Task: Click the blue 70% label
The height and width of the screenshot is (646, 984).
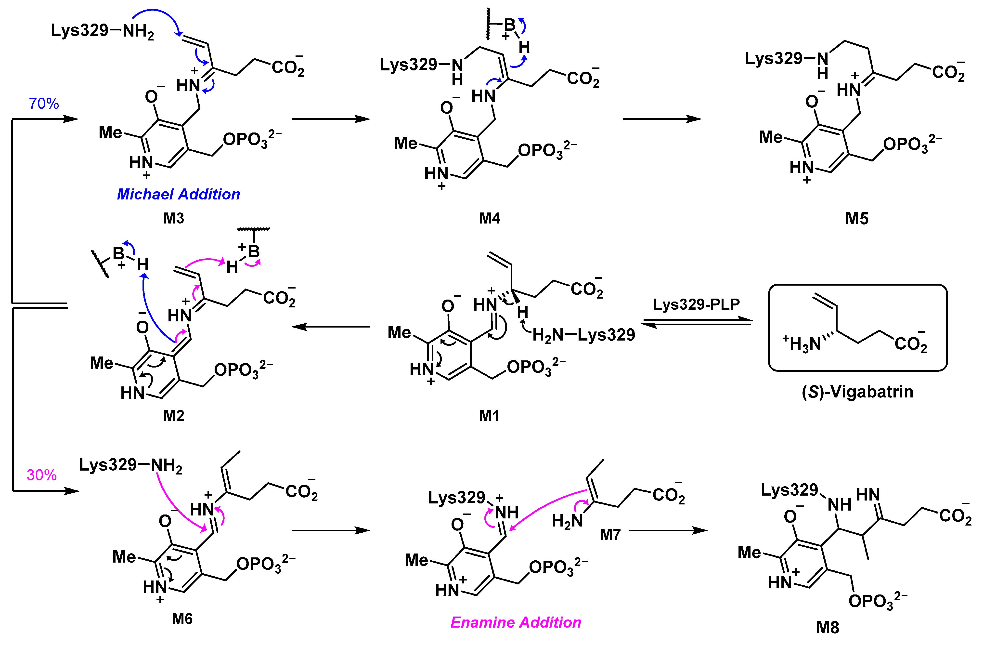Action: [44, 103]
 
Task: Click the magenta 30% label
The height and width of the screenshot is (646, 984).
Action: [42, 475]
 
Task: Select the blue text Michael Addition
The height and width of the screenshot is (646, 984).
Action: [178, 194]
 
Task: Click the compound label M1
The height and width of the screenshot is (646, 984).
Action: [489, 416]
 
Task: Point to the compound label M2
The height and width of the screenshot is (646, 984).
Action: [174, 416]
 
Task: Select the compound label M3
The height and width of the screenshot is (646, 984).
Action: [174, 218]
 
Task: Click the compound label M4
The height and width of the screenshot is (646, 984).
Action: [490, 218]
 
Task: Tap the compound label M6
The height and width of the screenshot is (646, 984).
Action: [182, 619]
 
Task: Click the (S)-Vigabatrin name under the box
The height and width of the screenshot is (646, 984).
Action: [857, 391]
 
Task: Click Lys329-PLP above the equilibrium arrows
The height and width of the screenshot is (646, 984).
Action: [696, 304]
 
